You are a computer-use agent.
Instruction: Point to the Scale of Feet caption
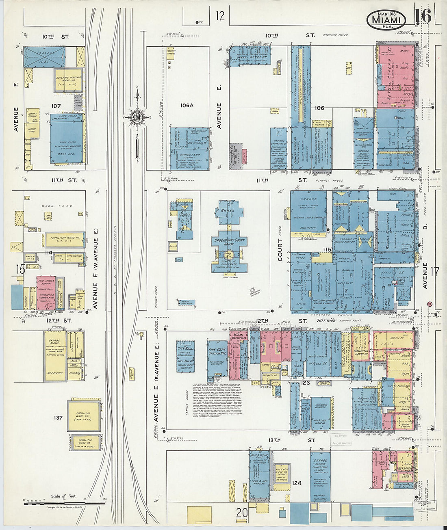click(x=63, y=496)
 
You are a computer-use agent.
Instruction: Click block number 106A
click(x=187, y=106)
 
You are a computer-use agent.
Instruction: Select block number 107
click(x=56, y=106)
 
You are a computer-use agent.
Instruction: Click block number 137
click(x=59, y=417)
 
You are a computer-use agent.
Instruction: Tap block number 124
click(x=297, y=483)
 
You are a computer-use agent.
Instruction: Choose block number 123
click(x=306, y=383)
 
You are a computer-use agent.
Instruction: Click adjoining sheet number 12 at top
click(x=220, y=16)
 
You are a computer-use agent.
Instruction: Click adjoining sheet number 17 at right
click(x=435, y=271)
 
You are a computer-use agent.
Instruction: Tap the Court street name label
click(x=280, y=250)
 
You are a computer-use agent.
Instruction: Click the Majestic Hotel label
click(x=361, y=351)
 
